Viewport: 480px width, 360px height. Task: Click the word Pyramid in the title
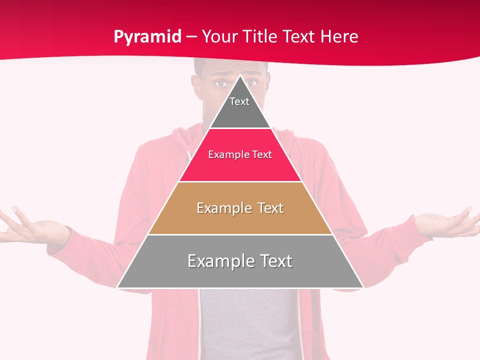pyautogui.click(x=147, y=37)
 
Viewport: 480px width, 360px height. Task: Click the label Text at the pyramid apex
pyautogui.click(x=239, y=101)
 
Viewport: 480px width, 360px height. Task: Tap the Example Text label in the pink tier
pyautogui.click(x=240, y=154)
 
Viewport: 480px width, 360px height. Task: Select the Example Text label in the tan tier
pyautogui.click(x=240, y=208)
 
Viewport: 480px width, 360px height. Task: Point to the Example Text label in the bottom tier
pyautogui.click(x=240, y=261)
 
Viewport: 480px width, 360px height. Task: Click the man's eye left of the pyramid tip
pyautogui.click(x=220, y=83)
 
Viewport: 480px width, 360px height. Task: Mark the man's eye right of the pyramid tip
pyautogui.click(x=252, y=82)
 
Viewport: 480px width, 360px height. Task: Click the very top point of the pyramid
pyautogui.click(x=240, y=76)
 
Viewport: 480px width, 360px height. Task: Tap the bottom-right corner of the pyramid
pyautogui.click(x=363, y=287)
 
